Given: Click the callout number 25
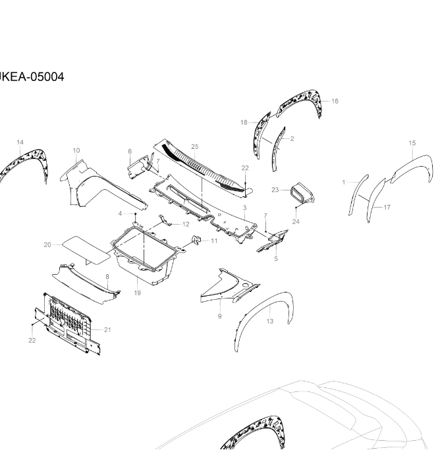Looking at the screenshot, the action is (x=195, y=147).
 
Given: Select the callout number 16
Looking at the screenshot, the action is (x=335, y=101).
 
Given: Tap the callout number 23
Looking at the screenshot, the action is (x=275, y=190).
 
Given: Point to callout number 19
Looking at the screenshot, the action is (x=138, y=293).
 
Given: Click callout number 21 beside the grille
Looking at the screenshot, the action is (x=107, y=330).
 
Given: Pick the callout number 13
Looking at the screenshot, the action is (x=270, y=322).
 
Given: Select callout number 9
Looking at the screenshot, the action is (x=220, y=316).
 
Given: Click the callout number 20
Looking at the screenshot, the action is (x=47, y=245).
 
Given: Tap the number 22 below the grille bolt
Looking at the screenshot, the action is (x=32, y=341).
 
